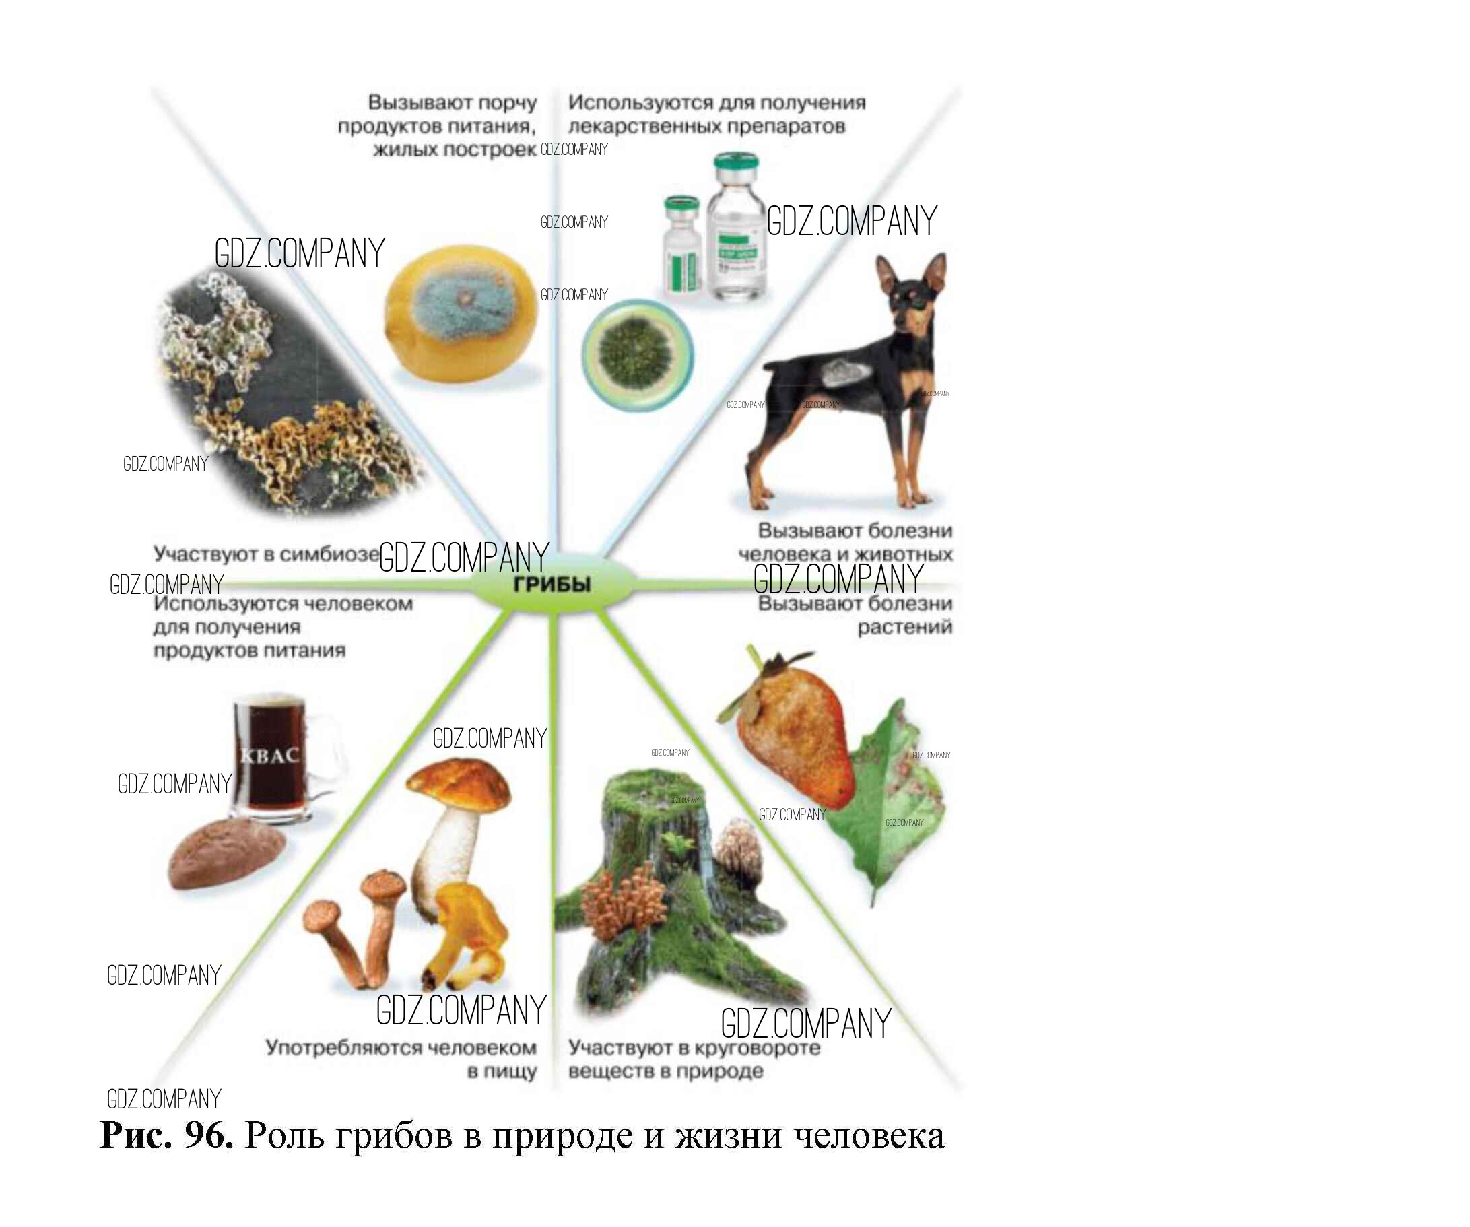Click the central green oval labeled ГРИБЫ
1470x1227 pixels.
click(x=552, y=584)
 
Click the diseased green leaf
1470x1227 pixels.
click(x=892, y=805)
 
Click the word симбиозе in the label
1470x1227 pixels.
click(x=330, y=554)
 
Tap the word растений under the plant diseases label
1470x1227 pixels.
click(x=904, y=627)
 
